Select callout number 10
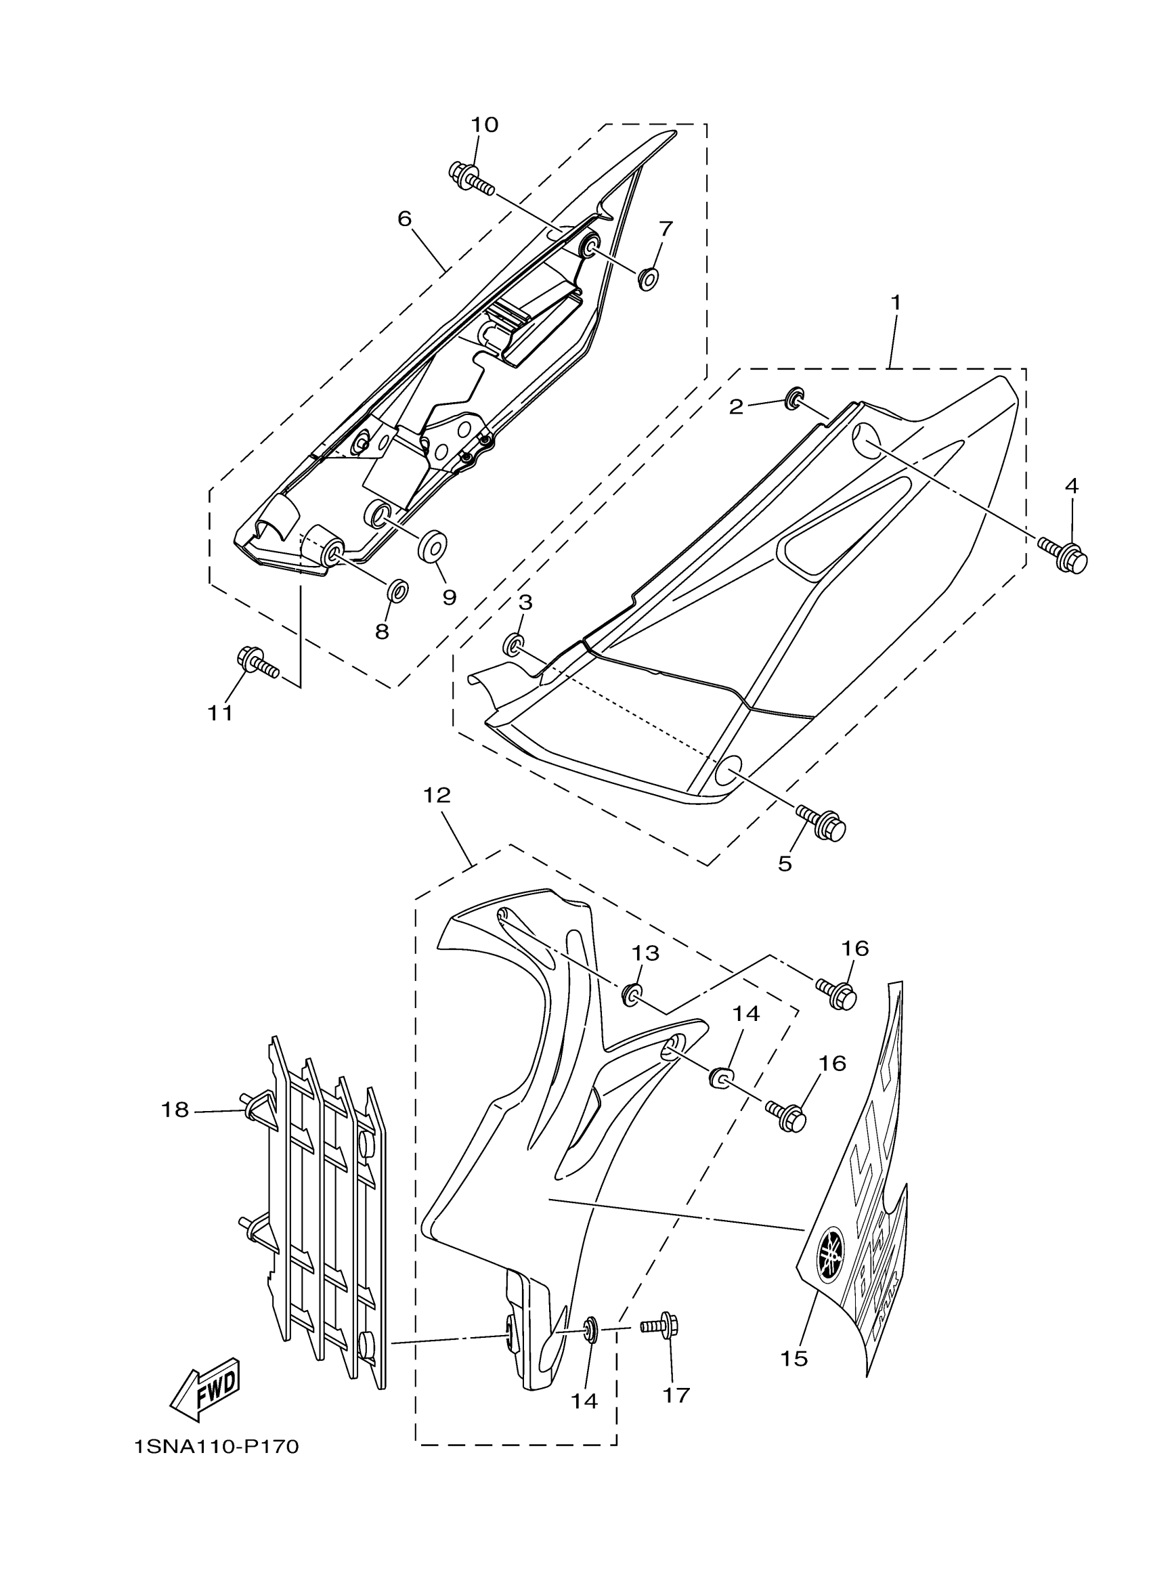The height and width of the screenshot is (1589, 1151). coord(484,125)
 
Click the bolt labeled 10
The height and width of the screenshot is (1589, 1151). coord(471,178)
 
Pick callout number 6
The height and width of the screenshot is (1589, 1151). coord(405,219)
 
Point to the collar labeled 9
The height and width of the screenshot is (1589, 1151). coord(433,546)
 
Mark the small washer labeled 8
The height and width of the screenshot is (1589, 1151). coord(399,590)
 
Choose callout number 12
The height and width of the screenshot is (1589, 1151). coord(437,796)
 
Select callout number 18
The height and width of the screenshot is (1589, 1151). coord(175,1109)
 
